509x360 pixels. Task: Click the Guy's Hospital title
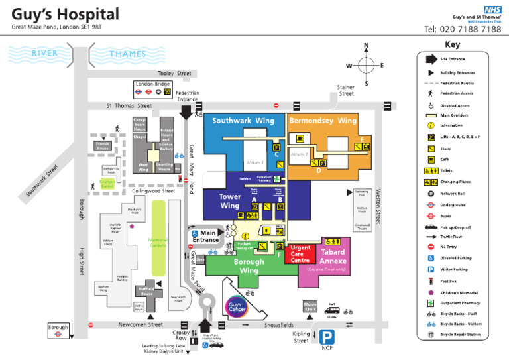65,14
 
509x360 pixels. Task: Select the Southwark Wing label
243,121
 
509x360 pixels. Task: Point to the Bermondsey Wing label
323,121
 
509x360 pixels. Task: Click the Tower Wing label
230,201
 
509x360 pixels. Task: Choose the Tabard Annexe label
333,256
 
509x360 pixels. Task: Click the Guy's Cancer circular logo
238,306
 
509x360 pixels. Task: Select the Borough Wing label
249,266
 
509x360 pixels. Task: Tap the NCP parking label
327,347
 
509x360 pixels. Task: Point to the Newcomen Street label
141,325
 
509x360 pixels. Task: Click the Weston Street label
378,206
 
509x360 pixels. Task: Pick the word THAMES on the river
128,54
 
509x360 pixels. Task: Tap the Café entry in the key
445,159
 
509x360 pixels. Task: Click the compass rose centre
365,66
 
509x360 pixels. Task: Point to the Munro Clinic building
311,306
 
